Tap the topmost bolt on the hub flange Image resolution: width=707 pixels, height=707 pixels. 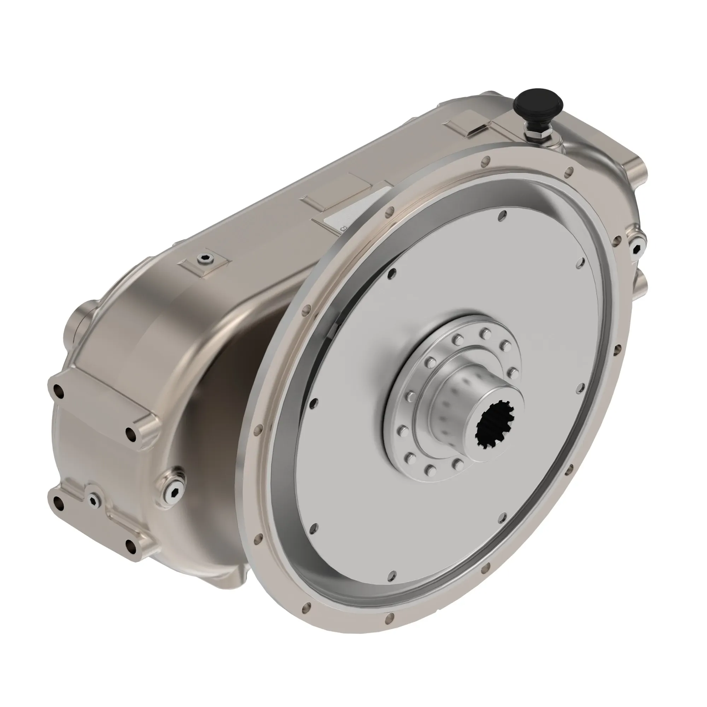[485, 333]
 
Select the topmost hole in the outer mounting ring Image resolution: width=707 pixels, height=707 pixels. [486, 160]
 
